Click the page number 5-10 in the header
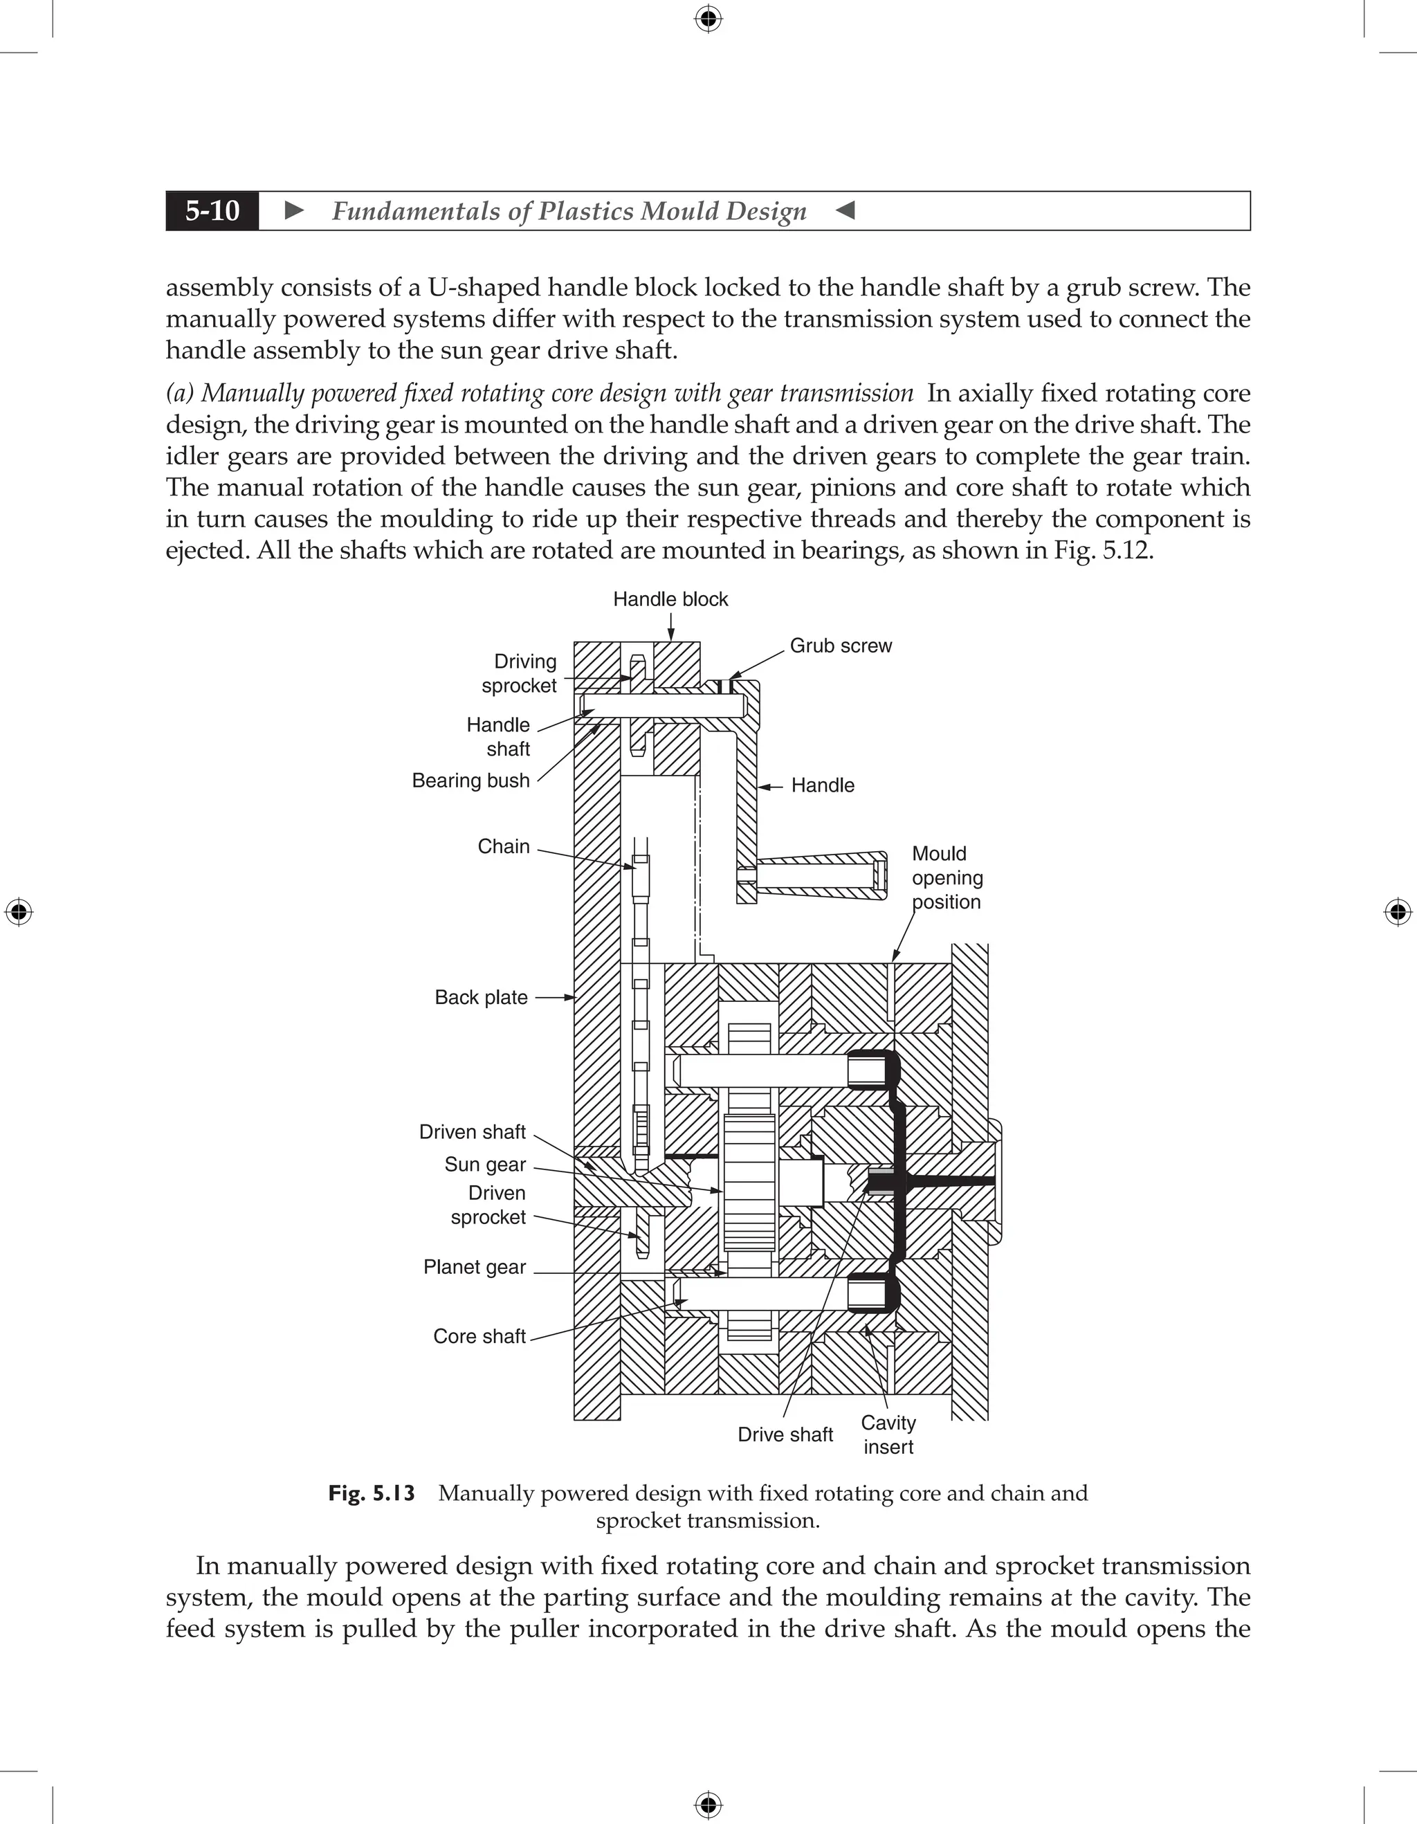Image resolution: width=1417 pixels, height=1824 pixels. (x=212, y=210)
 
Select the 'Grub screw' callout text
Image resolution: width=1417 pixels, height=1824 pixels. (x=840, y=646)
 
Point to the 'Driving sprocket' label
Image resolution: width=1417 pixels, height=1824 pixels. (x=520, y=673)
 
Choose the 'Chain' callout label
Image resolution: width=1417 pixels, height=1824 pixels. (x=504, y=846)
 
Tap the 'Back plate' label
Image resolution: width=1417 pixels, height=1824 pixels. (x=481, y=997)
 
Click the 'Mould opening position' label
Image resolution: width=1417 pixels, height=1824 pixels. (x=947, y=878)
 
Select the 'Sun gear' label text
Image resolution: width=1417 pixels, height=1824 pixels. (x=485, y=1165)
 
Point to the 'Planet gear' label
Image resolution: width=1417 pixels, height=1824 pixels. (x=474, y=1267)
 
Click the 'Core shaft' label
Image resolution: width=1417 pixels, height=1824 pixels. (x=479, y=1336)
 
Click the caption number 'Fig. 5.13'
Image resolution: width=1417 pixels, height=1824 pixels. (x=372, y=1493)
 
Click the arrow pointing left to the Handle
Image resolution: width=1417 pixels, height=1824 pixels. (x=770, y=786)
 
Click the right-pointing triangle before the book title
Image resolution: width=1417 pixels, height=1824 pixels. (x=294, y=210)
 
